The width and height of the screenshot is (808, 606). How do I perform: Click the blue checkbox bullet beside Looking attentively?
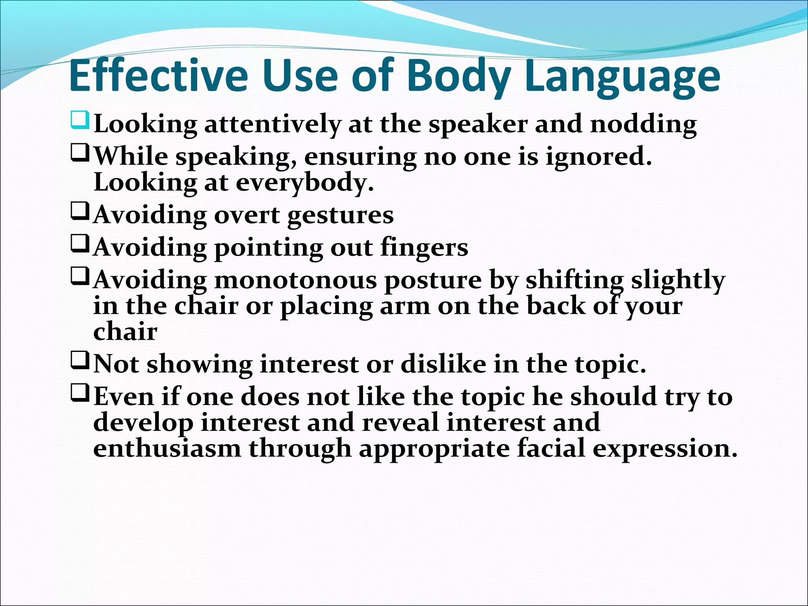click(80, 121)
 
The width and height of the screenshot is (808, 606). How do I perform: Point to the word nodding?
click(643, 125)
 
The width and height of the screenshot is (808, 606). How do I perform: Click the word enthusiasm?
click(167, 449)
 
